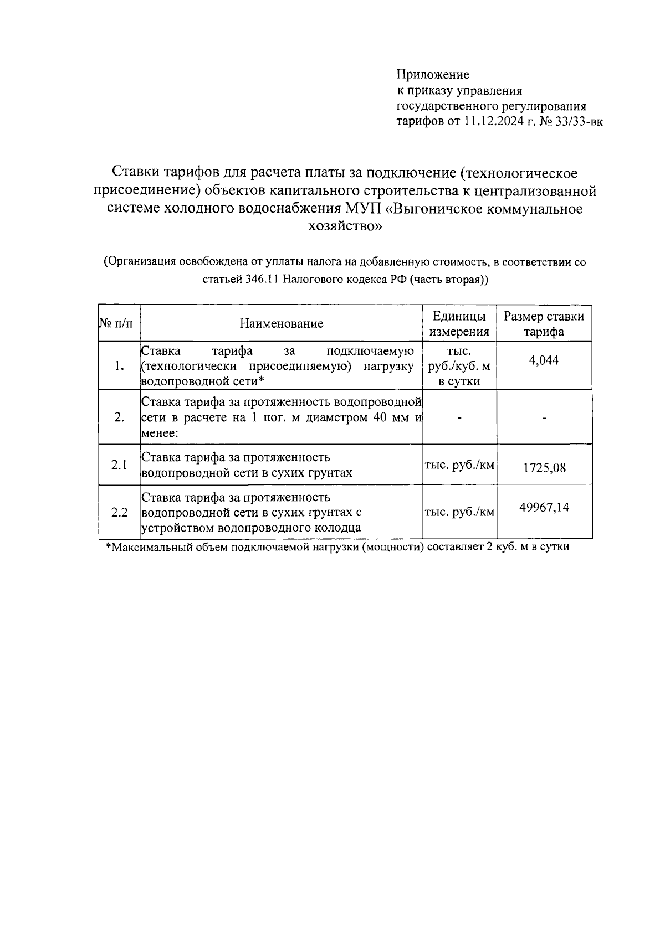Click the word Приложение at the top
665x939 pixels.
(x=433, y=74)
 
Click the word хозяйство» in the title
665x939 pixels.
(x=345, y=226)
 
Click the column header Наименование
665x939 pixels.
(x=281, y=324)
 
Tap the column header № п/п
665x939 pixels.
(x=119, y=324)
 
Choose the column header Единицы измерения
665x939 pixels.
(x=459, y=324)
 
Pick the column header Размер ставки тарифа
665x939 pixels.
(x=544, y=324)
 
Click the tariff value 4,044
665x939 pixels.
(x=544, y=360)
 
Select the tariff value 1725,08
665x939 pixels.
(x=544, y=468)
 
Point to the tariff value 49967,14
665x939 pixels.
(x=544, y=507)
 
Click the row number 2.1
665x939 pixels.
(x=119, y=465)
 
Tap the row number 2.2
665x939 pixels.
(x=119, y=512)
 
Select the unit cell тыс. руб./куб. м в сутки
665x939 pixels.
(x=459, y=366)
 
